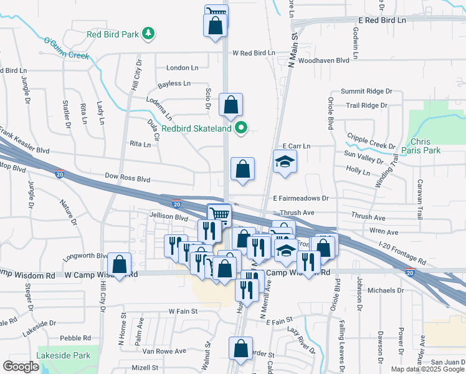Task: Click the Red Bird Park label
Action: tap(113, 34)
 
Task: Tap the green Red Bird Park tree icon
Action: tap(148, 34)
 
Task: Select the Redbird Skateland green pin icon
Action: tap(242, 129)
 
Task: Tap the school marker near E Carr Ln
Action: tap(285, 161)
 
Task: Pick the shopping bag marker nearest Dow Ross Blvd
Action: tap(242, 169)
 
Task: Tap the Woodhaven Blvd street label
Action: tap(323, 61)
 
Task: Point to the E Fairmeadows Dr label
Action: tap(301, 198)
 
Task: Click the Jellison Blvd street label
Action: tap(168, 218)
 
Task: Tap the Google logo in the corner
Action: tap(21, 367)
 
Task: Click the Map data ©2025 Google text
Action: tap(427, 369)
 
